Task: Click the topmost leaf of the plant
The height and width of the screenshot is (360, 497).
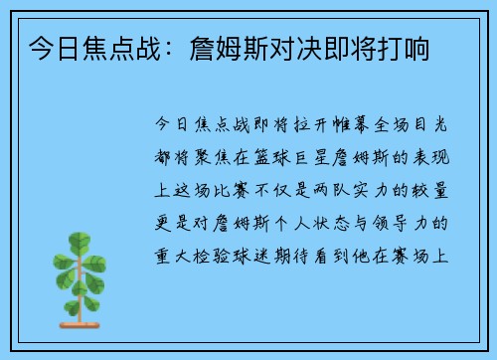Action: click(78, 242)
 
